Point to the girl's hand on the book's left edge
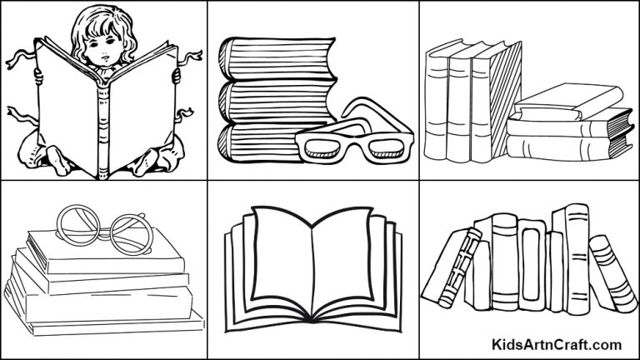[37, 77]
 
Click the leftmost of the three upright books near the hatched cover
[437, 104]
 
